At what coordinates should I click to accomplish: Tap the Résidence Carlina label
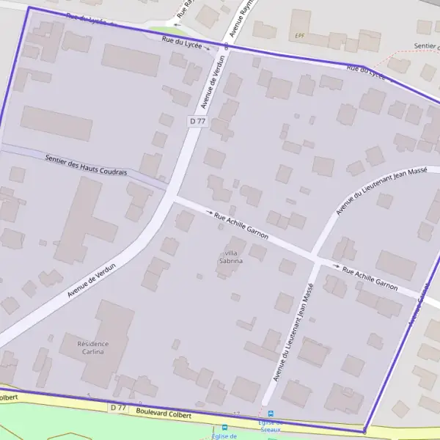[93, 348]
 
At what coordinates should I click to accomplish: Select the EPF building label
[299, 35]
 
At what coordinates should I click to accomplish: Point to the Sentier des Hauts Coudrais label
[86, 165]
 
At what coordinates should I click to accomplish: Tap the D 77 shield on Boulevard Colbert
[118, 407]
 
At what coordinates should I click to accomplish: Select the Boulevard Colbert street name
[164, 414]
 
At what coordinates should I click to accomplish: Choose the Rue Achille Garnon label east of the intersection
[370, 277]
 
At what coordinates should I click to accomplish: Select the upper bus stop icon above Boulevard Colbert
[270, 414]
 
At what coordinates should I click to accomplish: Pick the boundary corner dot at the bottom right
[364, 431]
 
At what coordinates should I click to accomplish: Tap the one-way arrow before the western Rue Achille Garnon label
[208, 213]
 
